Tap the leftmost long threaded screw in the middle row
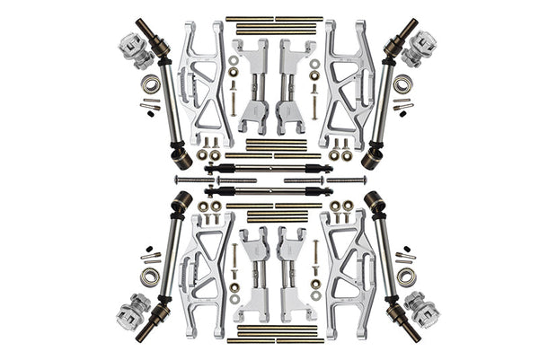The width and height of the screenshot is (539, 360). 194,180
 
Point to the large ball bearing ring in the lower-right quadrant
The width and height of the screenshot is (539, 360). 404,274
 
